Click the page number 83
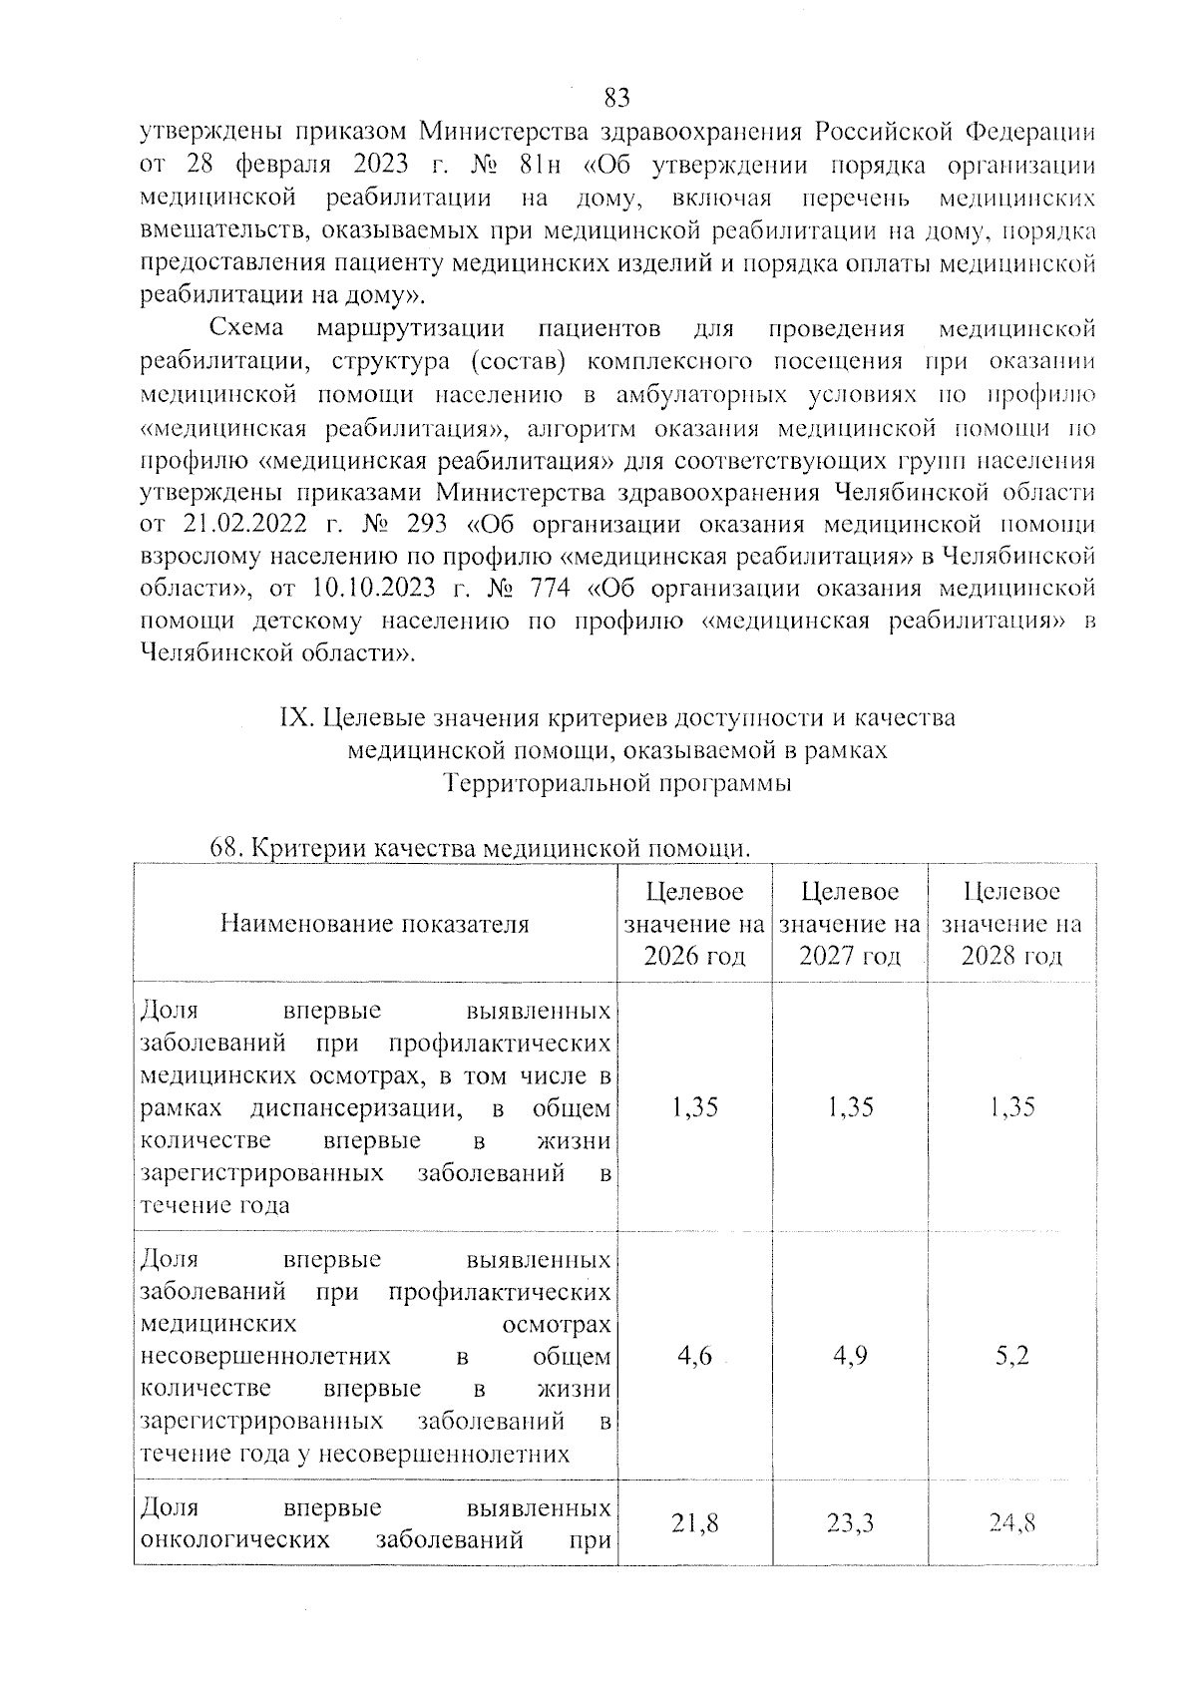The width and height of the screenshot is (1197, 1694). (x=617, y=98)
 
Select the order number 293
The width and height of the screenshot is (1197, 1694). (x=426, y=525)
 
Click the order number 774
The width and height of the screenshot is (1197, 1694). (x=547, y=589)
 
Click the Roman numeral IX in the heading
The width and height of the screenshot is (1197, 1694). (x=296, y=718)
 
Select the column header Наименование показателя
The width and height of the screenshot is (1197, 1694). (x=374, y=924)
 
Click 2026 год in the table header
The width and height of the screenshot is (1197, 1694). (x=695, y=956)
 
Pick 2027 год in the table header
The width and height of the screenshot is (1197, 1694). (x=850, y=956)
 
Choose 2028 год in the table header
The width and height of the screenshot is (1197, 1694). (x=1011, y=956)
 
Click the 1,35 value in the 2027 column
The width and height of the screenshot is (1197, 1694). (x=850, y=1107)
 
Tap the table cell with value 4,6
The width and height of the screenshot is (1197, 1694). (x=694, y=1356)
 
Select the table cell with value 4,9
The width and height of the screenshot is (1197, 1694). (x=850, y=1356)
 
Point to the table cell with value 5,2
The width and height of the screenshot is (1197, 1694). (x=1011, y=1356)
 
